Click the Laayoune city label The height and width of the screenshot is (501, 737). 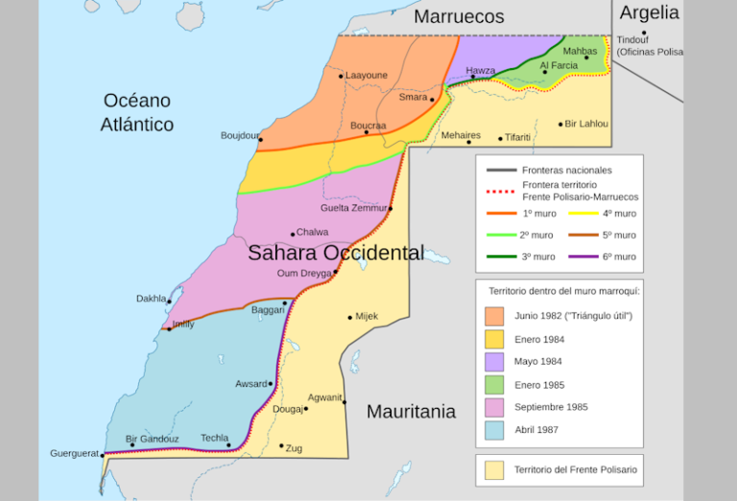tap(367, 75)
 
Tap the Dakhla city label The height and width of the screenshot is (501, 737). tap(151, 298)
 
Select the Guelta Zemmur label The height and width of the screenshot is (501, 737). tap(353, 208)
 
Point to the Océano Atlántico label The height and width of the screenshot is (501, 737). tap(137, 112)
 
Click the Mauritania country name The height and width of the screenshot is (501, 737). tap(411, 412)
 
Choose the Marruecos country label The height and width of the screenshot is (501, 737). tap(459, 16)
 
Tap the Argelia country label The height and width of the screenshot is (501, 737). tap(649, 12)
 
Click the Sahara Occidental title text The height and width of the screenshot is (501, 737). tap(336, 253)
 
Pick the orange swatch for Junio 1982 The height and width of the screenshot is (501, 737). tap(494, 316)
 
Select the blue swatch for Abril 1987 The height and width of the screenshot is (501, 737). tap(494, 429)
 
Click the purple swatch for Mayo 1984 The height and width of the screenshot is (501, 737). tap(494, 361)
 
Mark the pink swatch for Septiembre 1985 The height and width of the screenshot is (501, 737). tap(494, 406)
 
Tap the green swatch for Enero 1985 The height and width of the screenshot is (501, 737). tap(494, 384)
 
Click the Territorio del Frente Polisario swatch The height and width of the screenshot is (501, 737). tap(494, 470)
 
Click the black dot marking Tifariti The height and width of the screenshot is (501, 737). tap(500, 139)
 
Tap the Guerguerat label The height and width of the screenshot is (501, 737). tap(75, 453)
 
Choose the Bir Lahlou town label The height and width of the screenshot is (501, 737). tap(587, 124)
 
